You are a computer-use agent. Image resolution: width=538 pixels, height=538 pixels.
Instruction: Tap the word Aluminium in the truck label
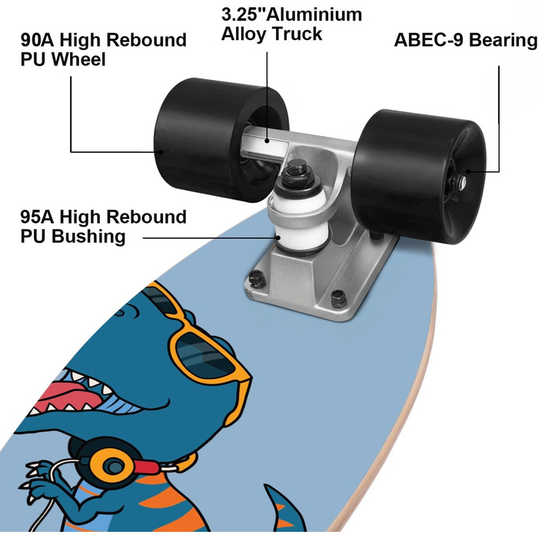point(314,15)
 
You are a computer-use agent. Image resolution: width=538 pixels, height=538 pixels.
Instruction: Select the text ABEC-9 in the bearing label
point(429,40)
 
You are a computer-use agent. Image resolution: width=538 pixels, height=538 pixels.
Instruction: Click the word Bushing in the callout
point(88,237)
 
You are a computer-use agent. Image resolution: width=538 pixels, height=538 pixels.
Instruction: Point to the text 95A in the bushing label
point(37,217)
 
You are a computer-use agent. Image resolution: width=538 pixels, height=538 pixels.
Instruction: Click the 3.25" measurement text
point(244,15)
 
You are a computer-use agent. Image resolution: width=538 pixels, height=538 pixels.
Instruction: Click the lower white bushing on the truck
point(302,238)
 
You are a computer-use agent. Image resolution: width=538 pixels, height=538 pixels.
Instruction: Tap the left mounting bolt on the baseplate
point(257,278)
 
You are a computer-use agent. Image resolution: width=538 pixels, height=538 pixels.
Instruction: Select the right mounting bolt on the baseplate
point(339,298)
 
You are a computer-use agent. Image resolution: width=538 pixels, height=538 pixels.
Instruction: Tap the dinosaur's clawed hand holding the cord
point(38,480)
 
